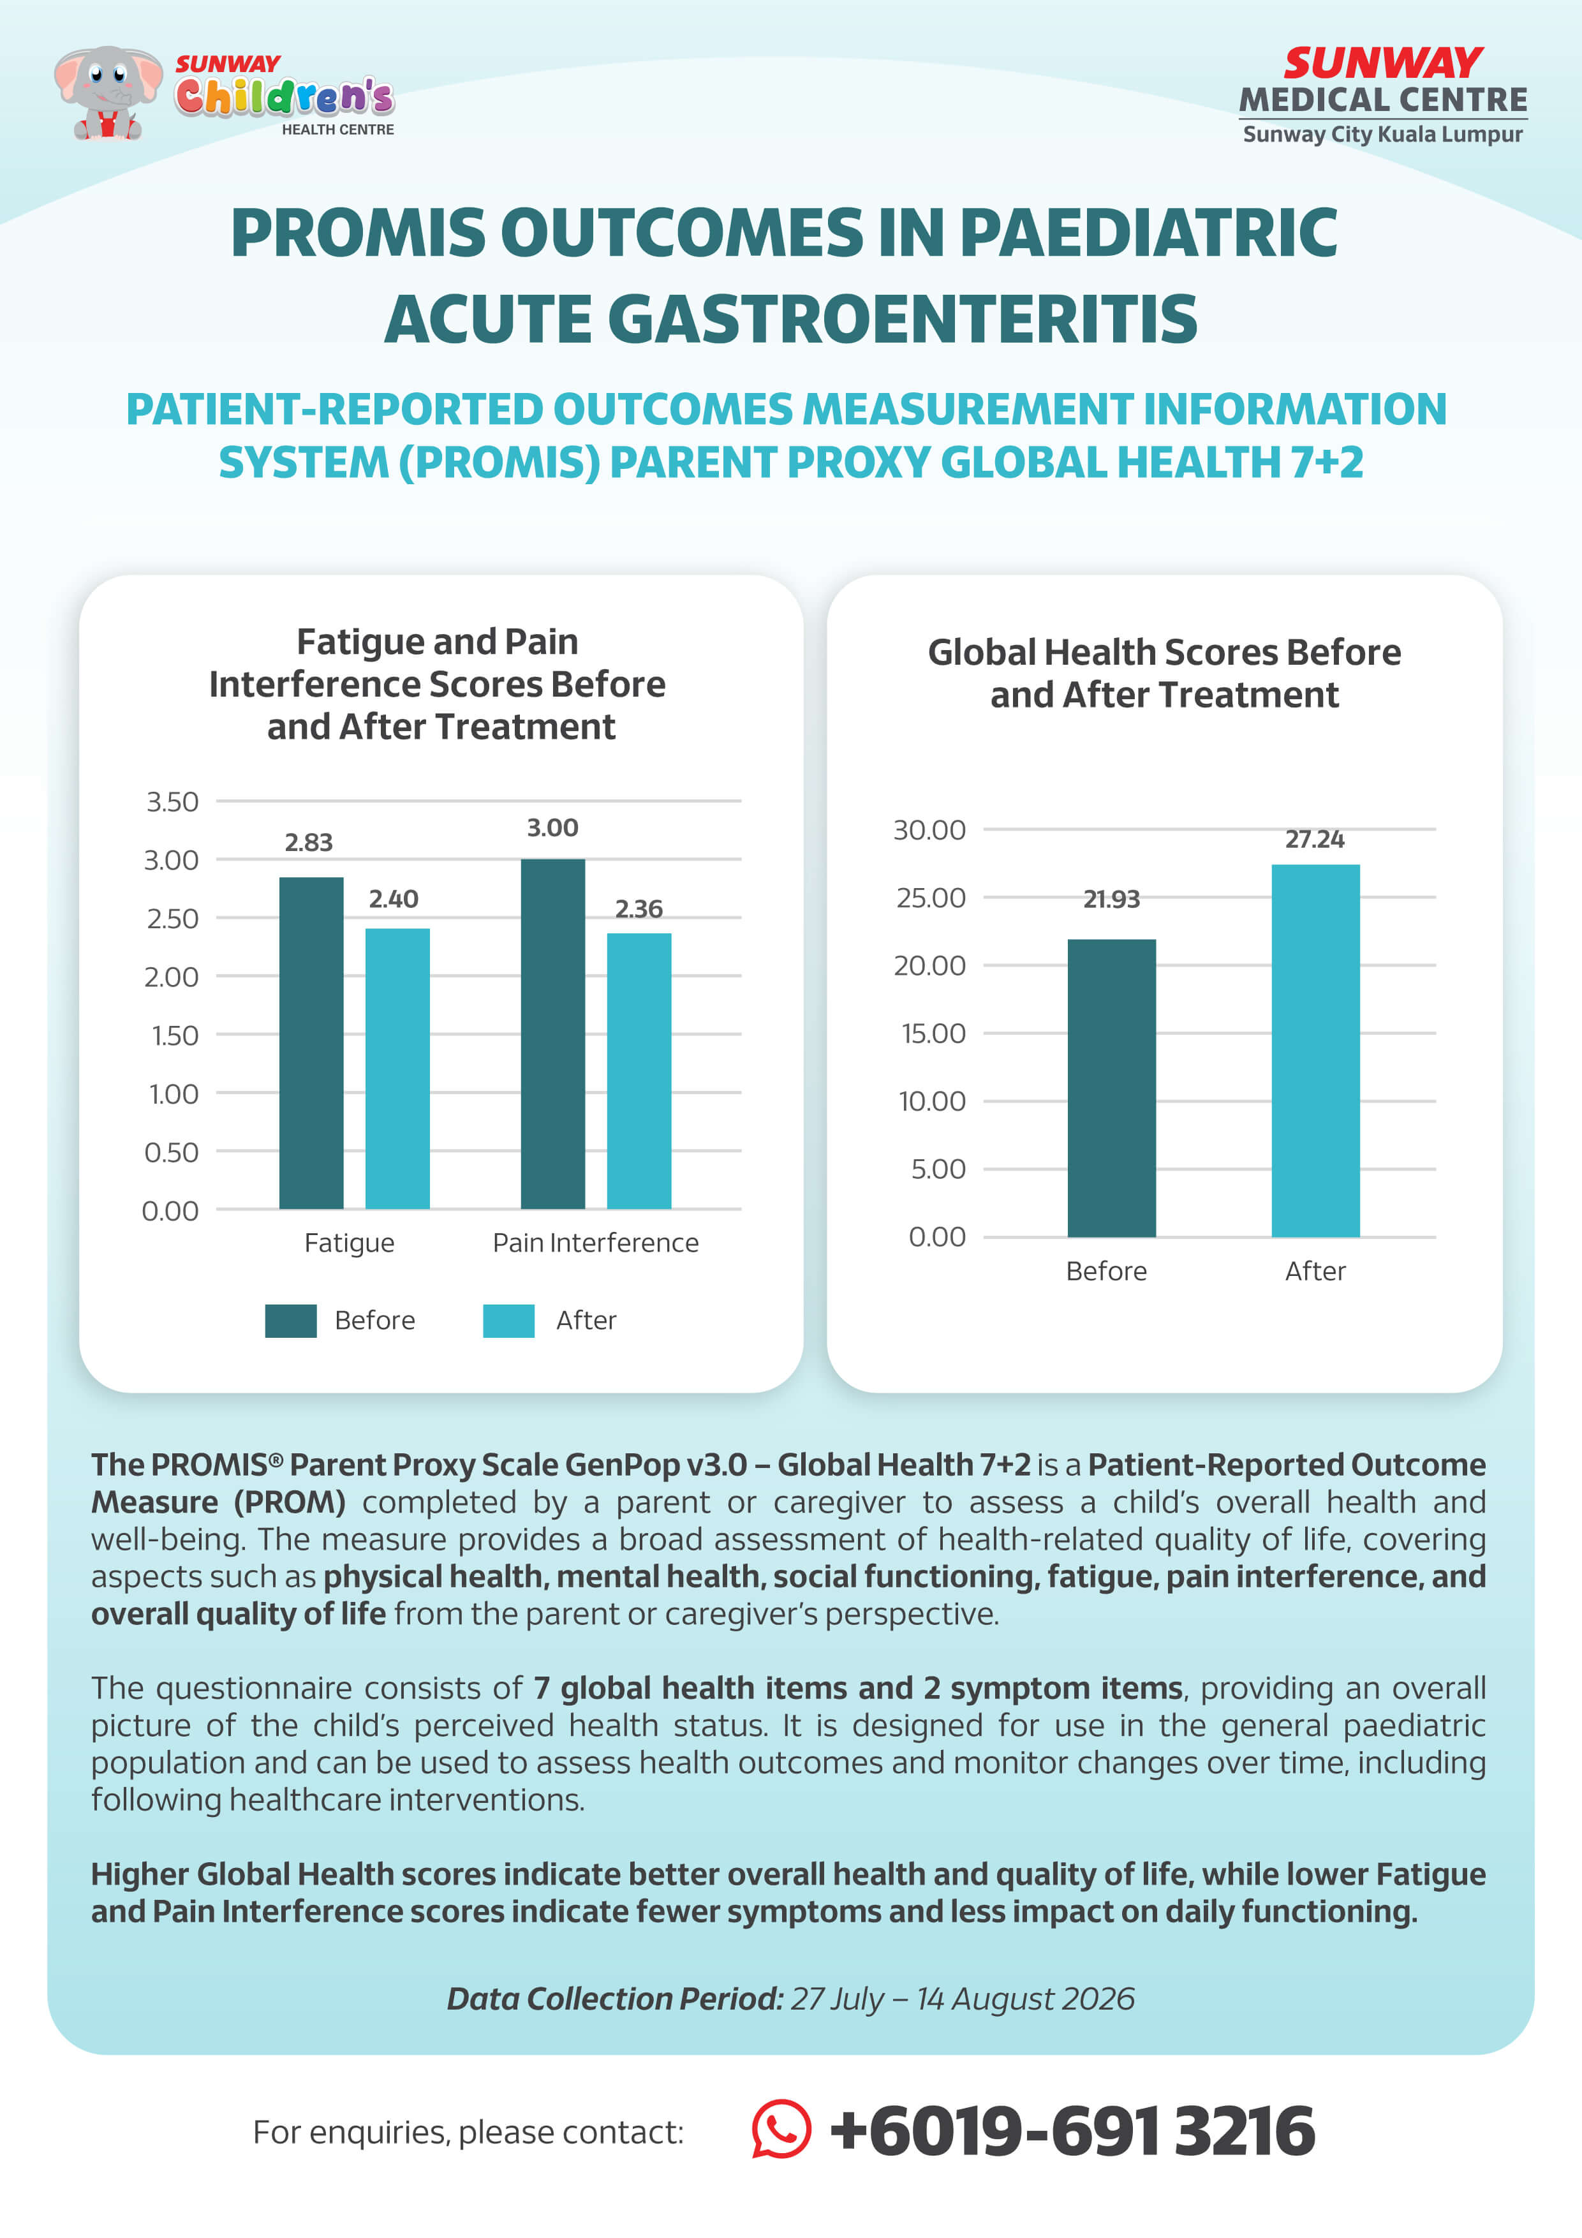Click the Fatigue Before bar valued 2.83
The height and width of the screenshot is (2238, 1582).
[311, 1043]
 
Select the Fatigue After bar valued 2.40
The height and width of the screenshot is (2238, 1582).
[397, 1069]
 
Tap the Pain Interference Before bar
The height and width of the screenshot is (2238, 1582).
[552, 1034]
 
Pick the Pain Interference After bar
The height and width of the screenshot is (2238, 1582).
[639, 1071]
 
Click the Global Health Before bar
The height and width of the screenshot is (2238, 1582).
[1111, 1088]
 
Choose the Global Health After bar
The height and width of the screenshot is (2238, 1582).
[1315, 1051]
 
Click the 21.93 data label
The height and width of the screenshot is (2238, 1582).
[1111, 899]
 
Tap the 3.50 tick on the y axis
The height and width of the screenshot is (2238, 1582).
[172, 801]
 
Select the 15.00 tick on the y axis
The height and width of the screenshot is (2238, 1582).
[933, 1034]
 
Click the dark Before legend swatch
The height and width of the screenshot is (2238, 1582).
[290, 1321]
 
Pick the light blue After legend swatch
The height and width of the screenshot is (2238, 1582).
[509, 1321]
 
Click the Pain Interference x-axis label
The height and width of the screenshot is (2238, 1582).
[596, 1243]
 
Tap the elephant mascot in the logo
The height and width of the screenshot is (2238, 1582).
[107, 93]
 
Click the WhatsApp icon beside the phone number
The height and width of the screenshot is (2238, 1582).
[781, 2129]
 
